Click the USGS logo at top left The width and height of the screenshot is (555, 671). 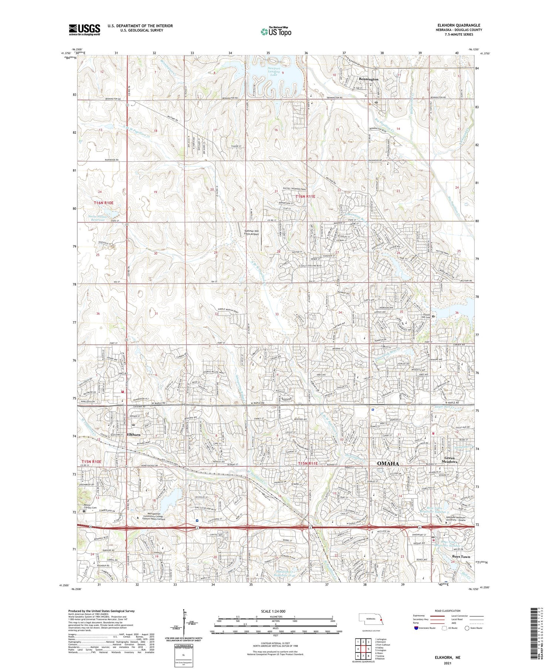pos(84,30)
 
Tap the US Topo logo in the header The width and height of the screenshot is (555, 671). pos(276,32)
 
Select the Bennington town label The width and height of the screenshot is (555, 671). pos(368,79)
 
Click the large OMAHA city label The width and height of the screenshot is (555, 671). pos(387,463)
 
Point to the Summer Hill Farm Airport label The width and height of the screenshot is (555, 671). pos(252,232)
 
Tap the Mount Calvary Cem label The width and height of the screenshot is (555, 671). pos(89,507)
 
